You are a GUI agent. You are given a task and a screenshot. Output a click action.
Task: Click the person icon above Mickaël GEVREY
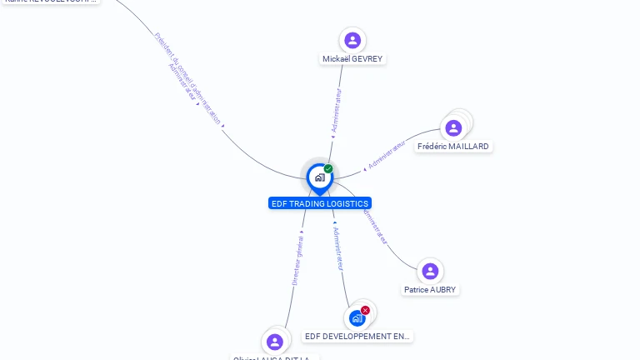(352, 40)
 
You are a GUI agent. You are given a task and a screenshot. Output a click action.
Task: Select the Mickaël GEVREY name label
(352, 59)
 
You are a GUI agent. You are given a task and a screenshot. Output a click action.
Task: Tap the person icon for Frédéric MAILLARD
(453, 128)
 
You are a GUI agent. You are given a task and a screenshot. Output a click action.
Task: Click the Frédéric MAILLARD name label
(453, 147)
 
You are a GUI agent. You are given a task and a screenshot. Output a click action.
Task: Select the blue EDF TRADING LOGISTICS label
(320, 203)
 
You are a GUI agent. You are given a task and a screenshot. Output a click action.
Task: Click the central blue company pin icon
(319, 177)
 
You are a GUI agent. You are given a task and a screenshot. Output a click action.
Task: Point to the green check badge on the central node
(328, 168)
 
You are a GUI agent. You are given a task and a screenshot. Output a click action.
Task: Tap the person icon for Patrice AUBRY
(430, 272)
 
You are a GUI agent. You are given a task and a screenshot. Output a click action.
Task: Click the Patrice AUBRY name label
(430, 290)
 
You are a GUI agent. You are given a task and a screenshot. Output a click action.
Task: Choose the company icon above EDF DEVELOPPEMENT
(357, 318)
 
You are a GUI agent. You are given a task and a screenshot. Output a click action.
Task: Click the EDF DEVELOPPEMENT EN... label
(357, 337)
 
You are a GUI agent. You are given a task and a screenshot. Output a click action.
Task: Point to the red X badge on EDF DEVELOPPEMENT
(365, 310)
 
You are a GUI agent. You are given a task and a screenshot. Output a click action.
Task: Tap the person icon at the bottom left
(275, 342)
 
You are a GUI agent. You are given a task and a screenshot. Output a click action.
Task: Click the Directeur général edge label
(297, 261)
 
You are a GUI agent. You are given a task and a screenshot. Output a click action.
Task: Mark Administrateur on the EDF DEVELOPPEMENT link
(337, 247)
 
